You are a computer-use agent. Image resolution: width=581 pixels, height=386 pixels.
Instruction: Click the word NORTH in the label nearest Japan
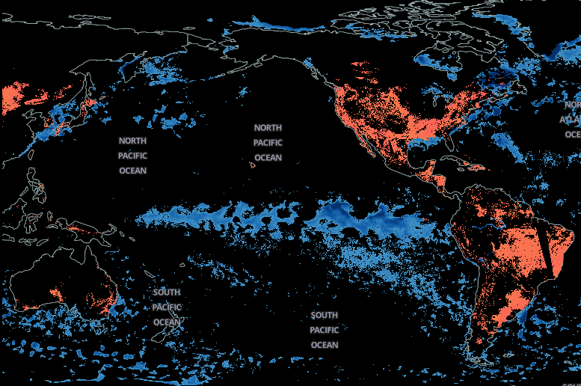point(132,141)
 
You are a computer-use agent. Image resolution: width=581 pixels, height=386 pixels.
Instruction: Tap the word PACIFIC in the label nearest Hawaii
point(268,143)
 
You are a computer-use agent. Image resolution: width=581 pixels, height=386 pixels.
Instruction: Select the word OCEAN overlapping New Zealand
point(167,322)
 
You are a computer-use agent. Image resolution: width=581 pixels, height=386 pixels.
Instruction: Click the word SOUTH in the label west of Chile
point(324,316)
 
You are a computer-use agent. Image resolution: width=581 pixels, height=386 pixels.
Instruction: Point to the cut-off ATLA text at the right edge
point(570,120)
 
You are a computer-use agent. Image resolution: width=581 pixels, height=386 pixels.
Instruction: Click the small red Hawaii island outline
point(253,165)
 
